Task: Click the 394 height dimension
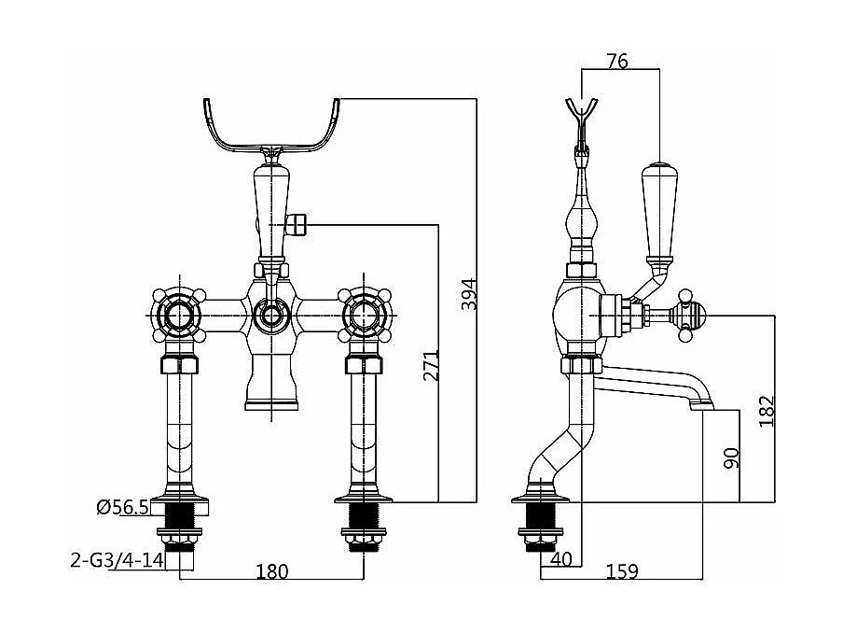tap(469, 294)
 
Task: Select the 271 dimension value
tap(431, 365)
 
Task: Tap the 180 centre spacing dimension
tap(272, 571)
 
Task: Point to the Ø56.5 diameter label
tap(122, 507)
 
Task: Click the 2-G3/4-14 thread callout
tap(117, 560)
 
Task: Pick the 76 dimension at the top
tap(617, 62)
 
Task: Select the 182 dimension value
tap(767, 411)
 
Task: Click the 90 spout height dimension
tap(731, 458)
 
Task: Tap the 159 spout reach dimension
tap(622, 571)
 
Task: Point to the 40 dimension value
tap(561, 559)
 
